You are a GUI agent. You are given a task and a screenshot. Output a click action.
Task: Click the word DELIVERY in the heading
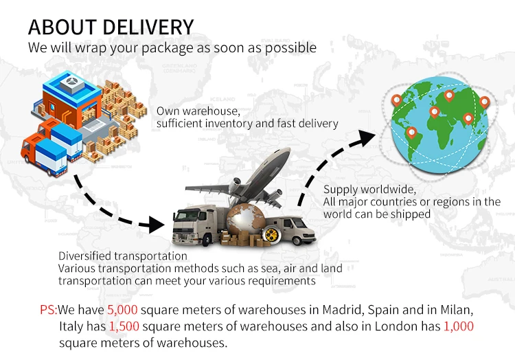[x=148, y=27]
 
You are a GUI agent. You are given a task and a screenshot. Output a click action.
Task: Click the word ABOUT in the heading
[x=62, y=27]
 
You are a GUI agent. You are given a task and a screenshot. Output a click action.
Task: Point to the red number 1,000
[x=459, y=326]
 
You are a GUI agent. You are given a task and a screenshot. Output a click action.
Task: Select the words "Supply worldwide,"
[x=369, y=190]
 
